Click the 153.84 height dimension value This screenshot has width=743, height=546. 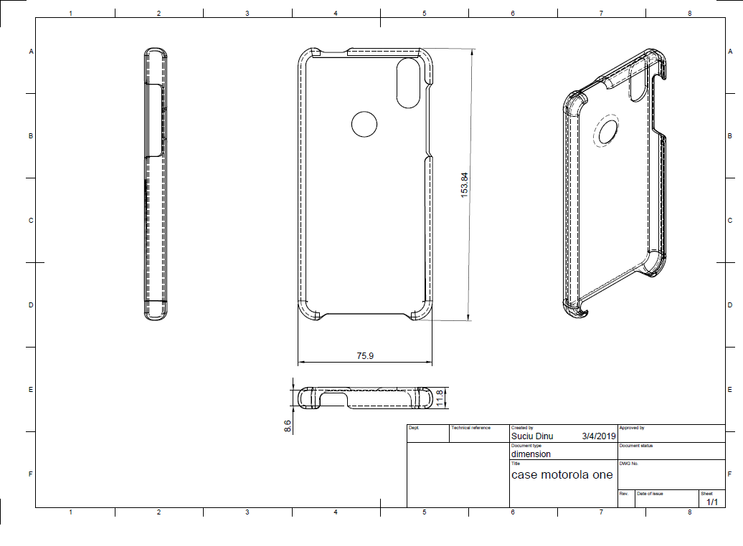pos(465,185)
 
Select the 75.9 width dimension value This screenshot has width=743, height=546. pos(365,355)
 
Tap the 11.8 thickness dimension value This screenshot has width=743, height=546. pos(439,398)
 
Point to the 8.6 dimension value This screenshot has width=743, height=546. pos(288,426)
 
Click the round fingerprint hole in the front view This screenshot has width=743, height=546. pos(364,124)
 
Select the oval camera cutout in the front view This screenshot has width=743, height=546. pos(408,83)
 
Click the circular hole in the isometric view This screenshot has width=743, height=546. pos(608,132)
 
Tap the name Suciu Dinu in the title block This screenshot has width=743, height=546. pos(532,436)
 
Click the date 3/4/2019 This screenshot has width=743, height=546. pos(599,436)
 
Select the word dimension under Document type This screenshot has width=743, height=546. pos(531,454)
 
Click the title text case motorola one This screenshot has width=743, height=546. pos(562,474)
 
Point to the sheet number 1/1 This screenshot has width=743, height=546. pos(712,502)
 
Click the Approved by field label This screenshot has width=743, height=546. pos(632,428)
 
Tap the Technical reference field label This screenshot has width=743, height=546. pos(470,428)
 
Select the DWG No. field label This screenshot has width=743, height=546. pos(629,463)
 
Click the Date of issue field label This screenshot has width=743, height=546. pos(650,494)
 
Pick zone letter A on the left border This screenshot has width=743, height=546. pos(32,51)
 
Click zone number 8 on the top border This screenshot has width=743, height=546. pos(689,14)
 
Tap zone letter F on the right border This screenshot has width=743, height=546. pos(730,474)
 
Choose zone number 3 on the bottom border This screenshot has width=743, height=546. pos(247,512)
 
